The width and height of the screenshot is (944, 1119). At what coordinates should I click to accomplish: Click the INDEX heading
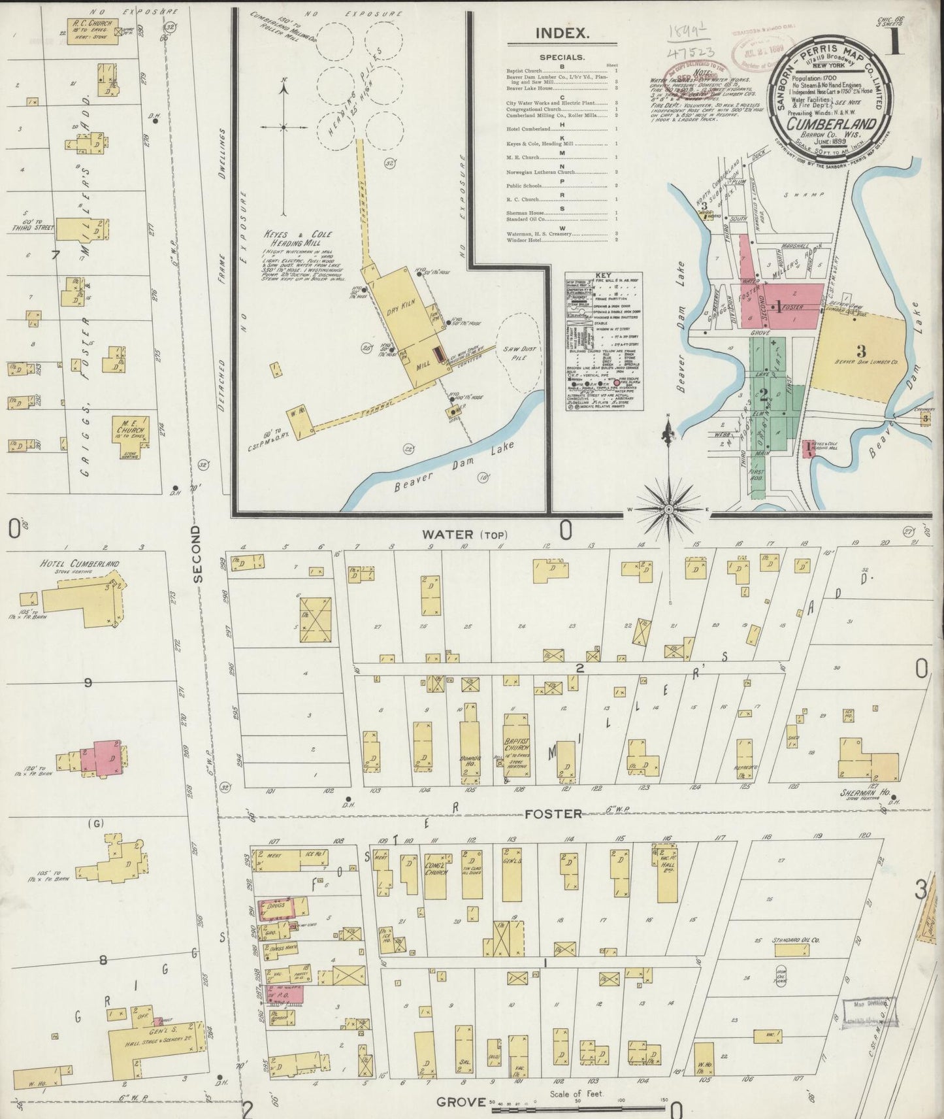coord(562,33)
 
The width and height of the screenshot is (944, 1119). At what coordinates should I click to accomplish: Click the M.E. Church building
coord(130,429)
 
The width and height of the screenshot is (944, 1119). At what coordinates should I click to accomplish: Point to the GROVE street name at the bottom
coord(461,1102)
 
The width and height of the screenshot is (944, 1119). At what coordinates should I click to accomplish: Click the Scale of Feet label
coord(576,1094)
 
